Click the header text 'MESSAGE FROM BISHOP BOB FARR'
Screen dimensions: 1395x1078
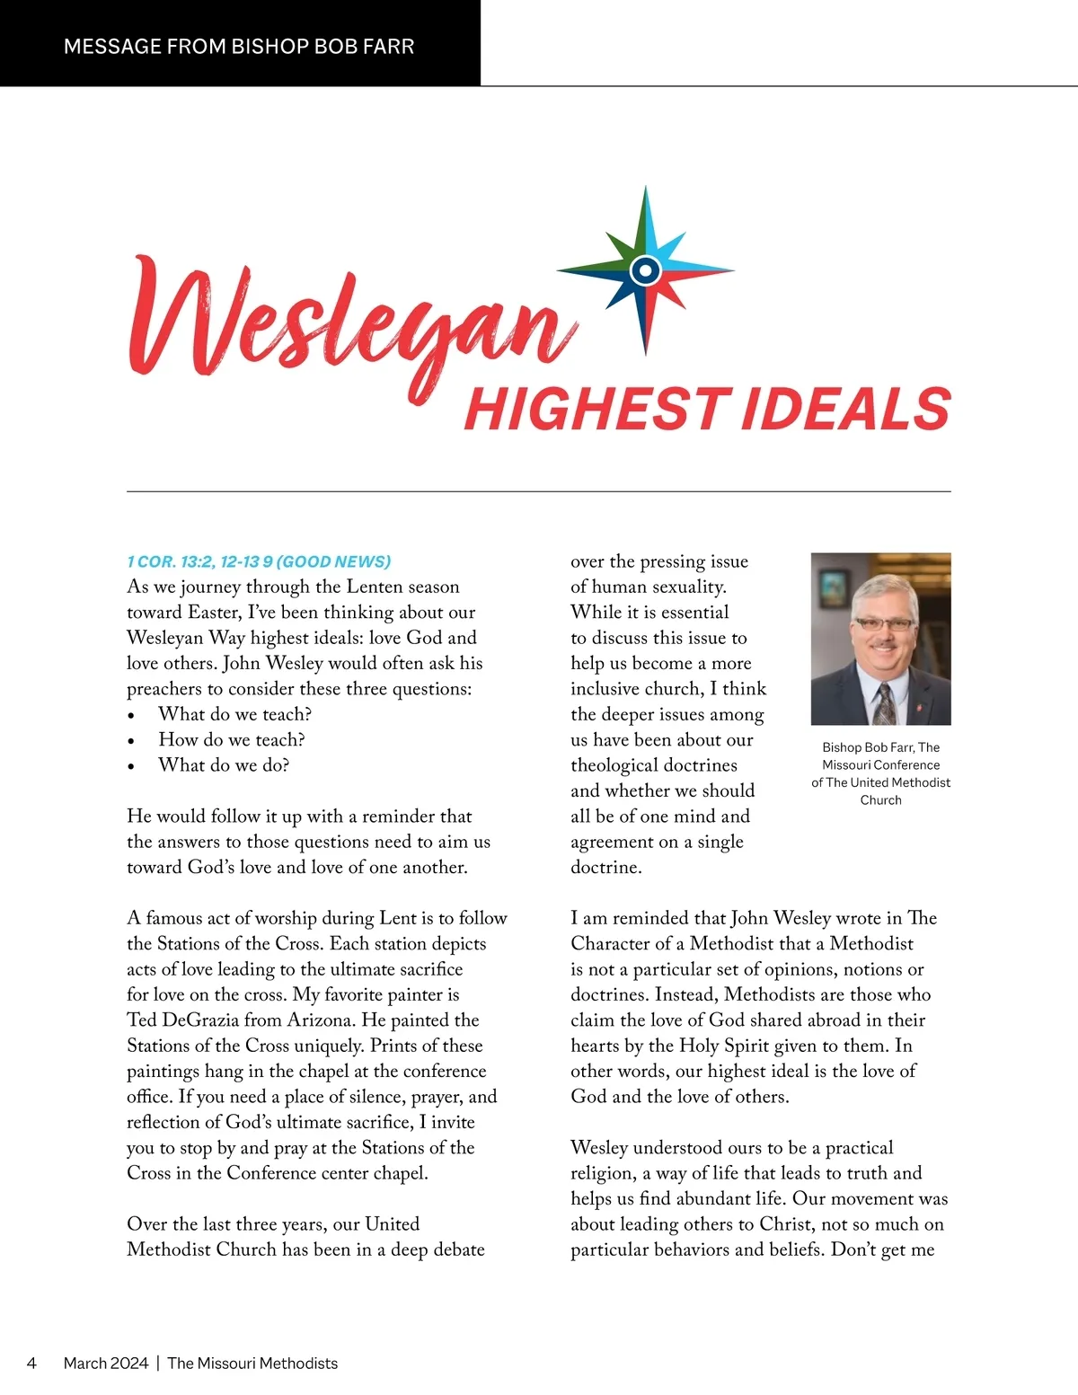pyautogui.click(x=239, y=46)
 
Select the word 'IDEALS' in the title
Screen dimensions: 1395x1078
pyautogui.click(x=845, y=410)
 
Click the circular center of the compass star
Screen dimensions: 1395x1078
pyautogui.click(x=645, y=269)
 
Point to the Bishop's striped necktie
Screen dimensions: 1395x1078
pyautogui.click(x=885, y=703)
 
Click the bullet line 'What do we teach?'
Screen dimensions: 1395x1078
pyautogui.click(x=234, y=714)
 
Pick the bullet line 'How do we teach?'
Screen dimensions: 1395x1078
pyautogui.click(x=232, y=739)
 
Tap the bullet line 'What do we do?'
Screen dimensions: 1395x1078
pyautogui.click(x=224, y=765)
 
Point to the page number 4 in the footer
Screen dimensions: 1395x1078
pyautogui.click(x=31, y=1363)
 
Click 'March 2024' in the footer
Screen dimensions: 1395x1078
pyautogui.click(x=106, y=1363)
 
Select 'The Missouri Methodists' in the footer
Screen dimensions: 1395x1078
pyautogui.click(x=252, y=1363)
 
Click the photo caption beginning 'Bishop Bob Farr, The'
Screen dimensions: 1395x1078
pyautogui.click(x=880, y=773)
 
